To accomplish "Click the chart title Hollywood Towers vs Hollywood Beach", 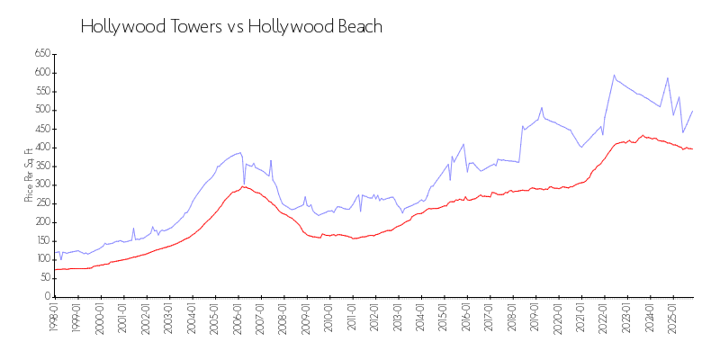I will pos(231,27).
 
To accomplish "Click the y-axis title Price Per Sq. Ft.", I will pos(29,175).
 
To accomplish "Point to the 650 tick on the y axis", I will pos(41,54).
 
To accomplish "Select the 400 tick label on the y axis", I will pos(41,148).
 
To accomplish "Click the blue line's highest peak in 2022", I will pos(614,76).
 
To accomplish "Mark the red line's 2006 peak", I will pos(243,186).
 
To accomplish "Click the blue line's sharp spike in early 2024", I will pos(668,78).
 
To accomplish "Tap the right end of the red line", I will pos(692,148).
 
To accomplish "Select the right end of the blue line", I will pos(692,111).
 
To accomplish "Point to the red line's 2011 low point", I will pos(356,238).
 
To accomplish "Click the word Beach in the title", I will pos(359,27).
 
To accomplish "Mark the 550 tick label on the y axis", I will pos(41,91).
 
